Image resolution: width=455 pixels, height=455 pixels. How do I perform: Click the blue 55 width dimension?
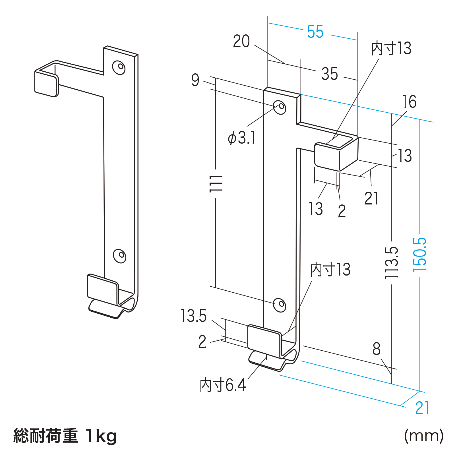[x=315, y=32]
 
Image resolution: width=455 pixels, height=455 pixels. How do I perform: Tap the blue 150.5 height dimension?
[x=420, y=254]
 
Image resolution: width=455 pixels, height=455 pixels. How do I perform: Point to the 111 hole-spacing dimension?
[x=216, y=184]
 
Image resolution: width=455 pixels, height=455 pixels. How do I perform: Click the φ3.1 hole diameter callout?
[x=241, y=138]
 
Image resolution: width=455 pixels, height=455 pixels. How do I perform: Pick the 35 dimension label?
[x=330, y=74]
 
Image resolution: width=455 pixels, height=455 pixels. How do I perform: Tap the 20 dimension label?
[x=241, y=42]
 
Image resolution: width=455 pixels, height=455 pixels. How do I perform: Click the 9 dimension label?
[x=195, y=80]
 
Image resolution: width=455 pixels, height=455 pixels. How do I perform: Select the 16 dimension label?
[x=409, y=102]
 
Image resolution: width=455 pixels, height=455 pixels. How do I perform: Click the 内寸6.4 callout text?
[x=223, y=385]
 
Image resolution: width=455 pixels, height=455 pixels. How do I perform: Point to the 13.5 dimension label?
[x=193, y=316]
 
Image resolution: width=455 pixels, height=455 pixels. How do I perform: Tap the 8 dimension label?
[x=376, y=349]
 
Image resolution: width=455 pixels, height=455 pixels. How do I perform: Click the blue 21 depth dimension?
[x=422, y=408]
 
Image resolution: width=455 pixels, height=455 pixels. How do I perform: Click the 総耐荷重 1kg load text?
[x=65, y=436]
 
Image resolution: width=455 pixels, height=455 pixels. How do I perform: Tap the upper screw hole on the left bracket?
[x=119, y=67]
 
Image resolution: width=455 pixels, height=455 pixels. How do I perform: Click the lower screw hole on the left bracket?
[x=120, y=256]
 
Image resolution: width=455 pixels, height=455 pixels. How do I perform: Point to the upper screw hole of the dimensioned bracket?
[x=280, y=107]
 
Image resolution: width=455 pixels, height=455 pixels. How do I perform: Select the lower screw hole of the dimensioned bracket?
[x=280, y=305]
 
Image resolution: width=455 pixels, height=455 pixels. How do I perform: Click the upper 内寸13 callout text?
[x=391, y=48]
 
